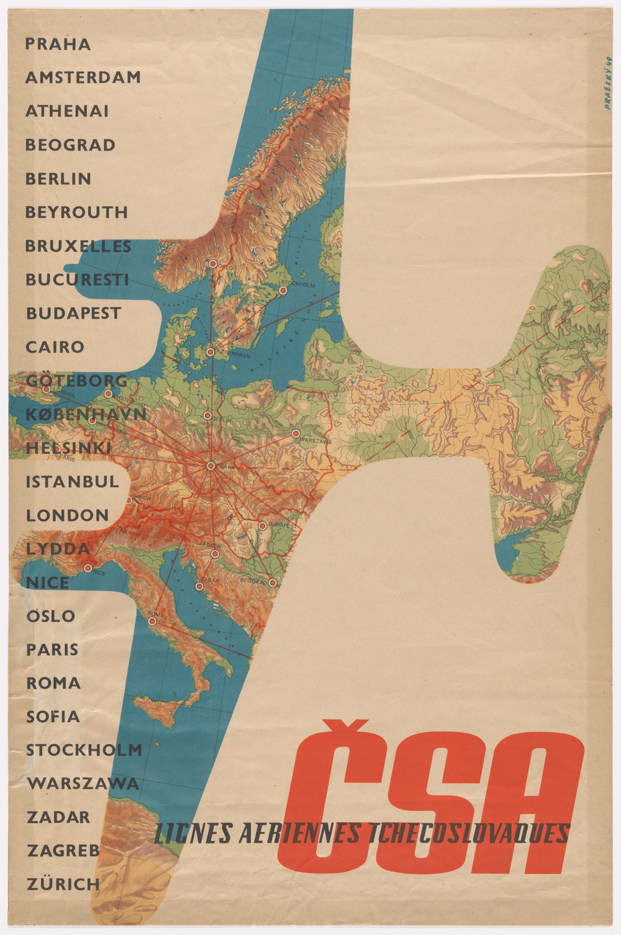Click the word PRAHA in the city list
[58, 44]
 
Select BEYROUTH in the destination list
[77, 212]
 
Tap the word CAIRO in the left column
[55, 347]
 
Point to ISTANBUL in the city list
[73, 482]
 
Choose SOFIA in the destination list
[53, 717]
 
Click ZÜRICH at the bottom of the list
[64, 884]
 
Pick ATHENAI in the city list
[67, 111]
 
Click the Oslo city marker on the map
[212, 264]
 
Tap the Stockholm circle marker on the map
[283, 291]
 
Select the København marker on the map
[210, 352]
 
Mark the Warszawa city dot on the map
[296, 433]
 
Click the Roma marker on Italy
[152, 621]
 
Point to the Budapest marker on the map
[262, 525]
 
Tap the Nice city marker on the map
[88, 568]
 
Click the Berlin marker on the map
[207, 416]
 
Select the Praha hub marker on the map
[211, 466]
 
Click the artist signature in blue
[608, 83]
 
